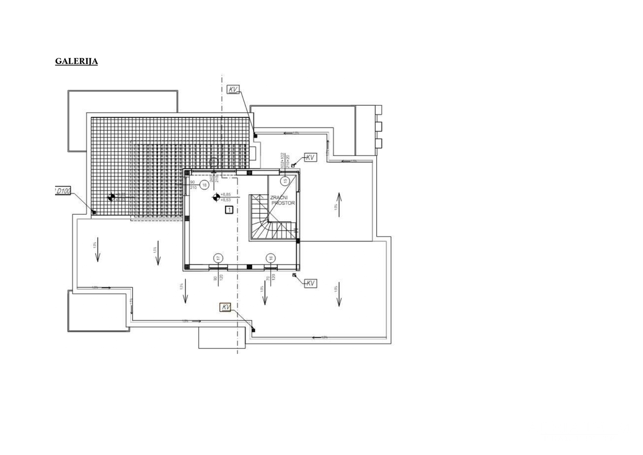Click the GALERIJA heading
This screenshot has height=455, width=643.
tap(76, 61)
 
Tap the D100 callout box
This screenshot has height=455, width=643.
tap(63, 191)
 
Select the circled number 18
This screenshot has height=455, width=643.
tap(205, 185)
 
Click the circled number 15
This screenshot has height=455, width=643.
tap(285, 181)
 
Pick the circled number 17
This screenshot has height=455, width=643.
tap(218, 258)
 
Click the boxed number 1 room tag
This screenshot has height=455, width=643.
tap(229, 209)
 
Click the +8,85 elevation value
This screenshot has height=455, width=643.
tap(226, 194)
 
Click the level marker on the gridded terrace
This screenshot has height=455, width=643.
tap(111, 197)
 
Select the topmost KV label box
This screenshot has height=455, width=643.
tap(233, 89)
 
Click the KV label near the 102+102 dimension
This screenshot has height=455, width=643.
tap(310, 158)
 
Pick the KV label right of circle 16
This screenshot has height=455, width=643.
tap(310, 284)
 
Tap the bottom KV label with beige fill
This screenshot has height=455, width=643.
tap(226, 308)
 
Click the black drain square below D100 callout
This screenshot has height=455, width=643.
tap(94, 212)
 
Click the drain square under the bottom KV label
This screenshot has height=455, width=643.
tap(253, 330)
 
